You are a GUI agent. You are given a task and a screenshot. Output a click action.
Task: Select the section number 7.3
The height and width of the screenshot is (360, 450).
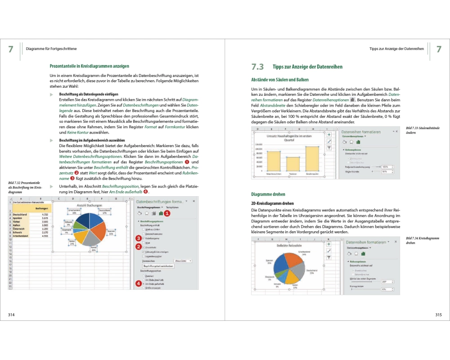coord(257,67)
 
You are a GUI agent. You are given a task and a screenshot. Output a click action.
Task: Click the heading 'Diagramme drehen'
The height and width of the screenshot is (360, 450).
coord(268,194)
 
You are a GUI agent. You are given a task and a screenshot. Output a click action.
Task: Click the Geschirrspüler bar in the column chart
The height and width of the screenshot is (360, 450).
coord(312,159)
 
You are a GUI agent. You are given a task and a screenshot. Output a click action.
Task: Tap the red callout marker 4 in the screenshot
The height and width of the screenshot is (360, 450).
coord(138,283)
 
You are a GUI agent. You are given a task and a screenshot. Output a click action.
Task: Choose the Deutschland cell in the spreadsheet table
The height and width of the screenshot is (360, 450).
coord(21,215)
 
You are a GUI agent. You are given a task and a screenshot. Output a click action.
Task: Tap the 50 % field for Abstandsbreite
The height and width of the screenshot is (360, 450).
coord(386,171)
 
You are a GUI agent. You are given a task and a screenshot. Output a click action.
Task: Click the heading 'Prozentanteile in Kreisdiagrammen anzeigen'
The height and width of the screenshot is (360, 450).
coord(90,66)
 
